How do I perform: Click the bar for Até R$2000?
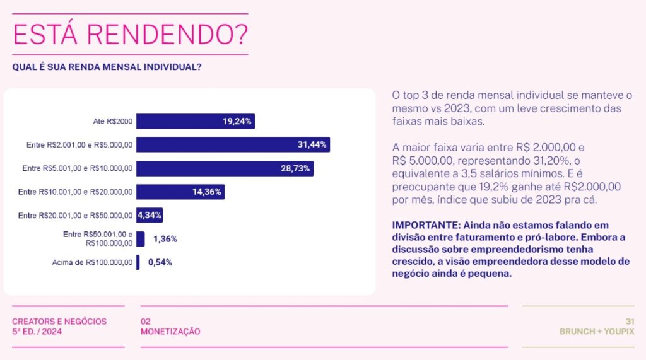[196, 121]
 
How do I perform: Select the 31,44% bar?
[233, 144]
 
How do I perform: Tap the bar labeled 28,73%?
[225, 168]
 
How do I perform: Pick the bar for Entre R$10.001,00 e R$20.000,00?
[180, 192]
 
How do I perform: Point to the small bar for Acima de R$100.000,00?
[138, 262]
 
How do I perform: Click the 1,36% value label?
[165, 239]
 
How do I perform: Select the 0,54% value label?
[160, 262]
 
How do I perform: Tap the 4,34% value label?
[150, 215]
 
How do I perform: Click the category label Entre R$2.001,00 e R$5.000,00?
[79, 145]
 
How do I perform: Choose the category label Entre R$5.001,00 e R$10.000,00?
[77, 168]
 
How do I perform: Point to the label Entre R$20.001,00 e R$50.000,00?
[75, 216]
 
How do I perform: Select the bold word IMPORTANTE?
[425, 225]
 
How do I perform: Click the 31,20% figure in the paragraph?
[548, 160]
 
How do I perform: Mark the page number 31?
[629, 321]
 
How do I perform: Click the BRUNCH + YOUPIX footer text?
[597, 331]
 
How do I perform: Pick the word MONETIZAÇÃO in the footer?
[170, 331]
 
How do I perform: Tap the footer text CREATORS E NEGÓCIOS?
[59, 321]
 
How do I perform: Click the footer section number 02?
[146, 321]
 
